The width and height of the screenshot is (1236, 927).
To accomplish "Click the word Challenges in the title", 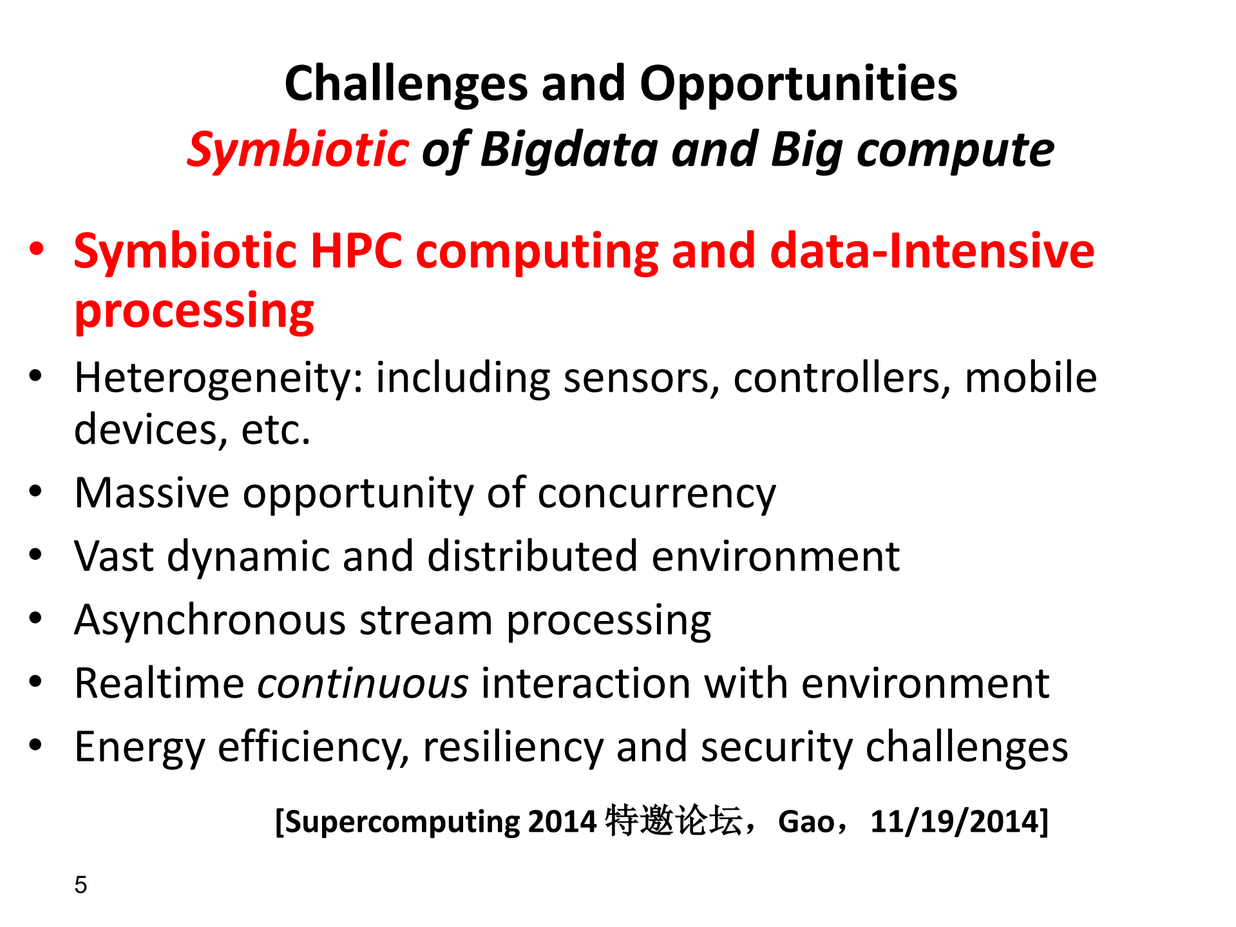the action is point(406,85).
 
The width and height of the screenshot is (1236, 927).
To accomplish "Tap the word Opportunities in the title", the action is point(799,85).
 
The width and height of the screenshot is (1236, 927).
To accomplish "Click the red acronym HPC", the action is point(356,251).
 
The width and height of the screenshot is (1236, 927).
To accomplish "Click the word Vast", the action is point(114,556).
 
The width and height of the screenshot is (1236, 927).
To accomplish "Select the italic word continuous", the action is point(363,683).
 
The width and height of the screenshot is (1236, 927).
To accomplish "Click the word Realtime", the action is point(159,683).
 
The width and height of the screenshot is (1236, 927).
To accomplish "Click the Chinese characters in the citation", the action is point(674,821).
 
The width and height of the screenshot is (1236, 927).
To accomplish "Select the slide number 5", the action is point(81,885).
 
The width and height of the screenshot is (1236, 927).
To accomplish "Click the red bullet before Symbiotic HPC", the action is point(37,249).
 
